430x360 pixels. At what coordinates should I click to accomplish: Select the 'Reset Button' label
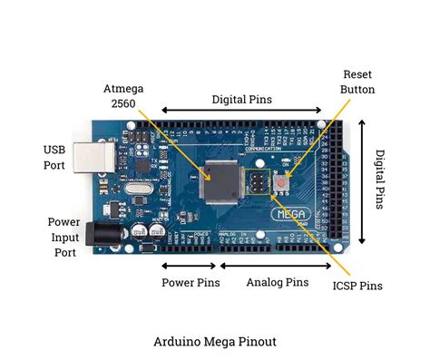(x=357, y=81)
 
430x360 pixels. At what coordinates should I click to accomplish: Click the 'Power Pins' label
(x=191, y=283)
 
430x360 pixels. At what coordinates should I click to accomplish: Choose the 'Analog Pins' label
(x=277, y=283)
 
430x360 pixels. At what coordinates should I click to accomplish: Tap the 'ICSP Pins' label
(x=357, y=287)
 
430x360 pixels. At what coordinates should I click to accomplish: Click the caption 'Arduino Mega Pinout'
(x=215, y=341)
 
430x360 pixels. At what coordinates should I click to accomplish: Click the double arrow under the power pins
(x=190, y=266)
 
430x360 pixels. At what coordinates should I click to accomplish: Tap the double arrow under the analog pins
(x=277, y=266)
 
